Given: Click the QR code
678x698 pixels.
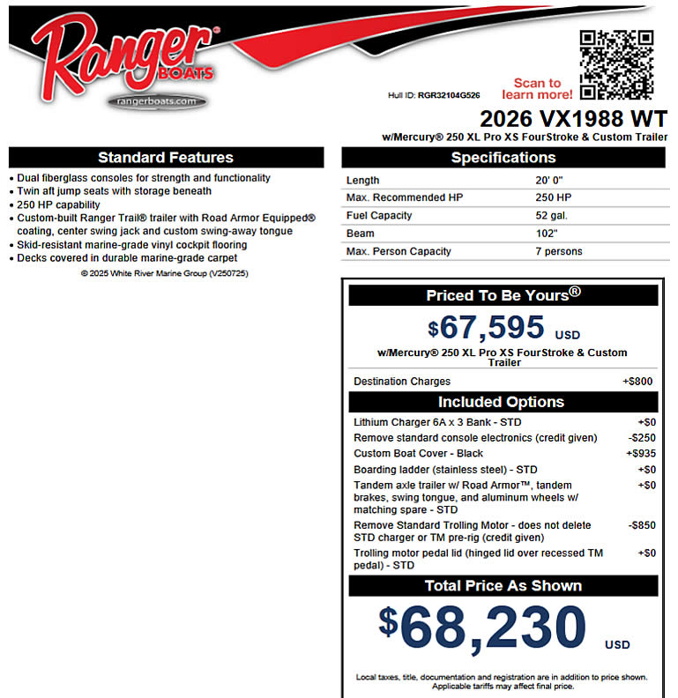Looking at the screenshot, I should [617, 64].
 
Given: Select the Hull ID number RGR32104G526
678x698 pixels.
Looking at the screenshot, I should [449, 95].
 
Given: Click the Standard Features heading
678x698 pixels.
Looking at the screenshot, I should [166, 158].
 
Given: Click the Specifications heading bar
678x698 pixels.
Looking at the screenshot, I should [503, 158].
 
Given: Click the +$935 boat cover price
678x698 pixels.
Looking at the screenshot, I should [639, 454].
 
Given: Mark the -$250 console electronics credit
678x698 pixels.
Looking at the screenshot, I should [641, 438].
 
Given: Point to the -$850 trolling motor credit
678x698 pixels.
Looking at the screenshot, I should [641, 525].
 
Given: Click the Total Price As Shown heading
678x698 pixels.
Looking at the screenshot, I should [503, 586].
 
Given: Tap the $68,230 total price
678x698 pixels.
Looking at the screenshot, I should [484, 627].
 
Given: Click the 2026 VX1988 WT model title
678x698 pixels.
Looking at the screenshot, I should [573, 119].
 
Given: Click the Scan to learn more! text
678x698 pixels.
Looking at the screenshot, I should [537, 88].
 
